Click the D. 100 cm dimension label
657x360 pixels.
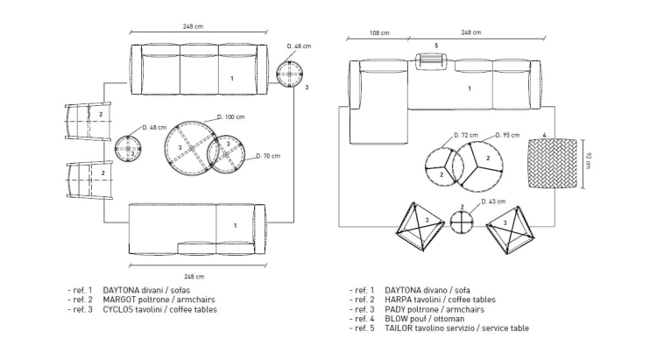tap(231, 116)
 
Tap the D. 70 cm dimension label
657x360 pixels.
tap(269, 157)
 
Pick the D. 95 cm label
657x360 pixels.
tap(507, 136)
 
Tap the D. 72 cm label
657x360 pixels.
tap(467, 136)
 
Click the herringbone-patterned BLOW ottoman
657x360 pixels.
tap(553, 163)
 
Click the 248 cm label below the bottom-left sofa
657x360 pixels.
tap(194, 275)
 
